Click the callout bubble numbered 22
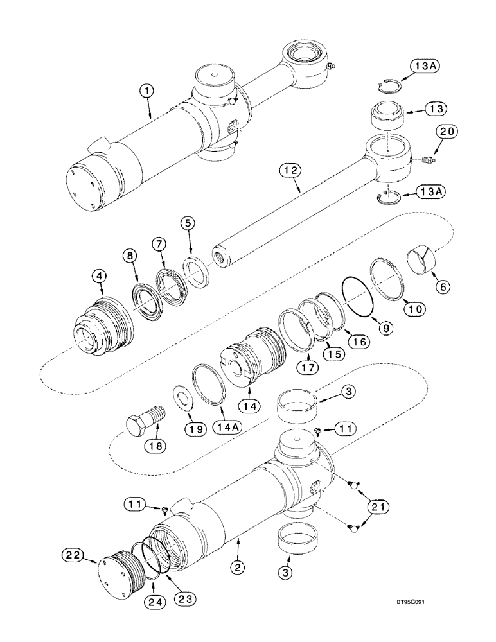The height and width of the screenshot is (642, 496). click(73, 553)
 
